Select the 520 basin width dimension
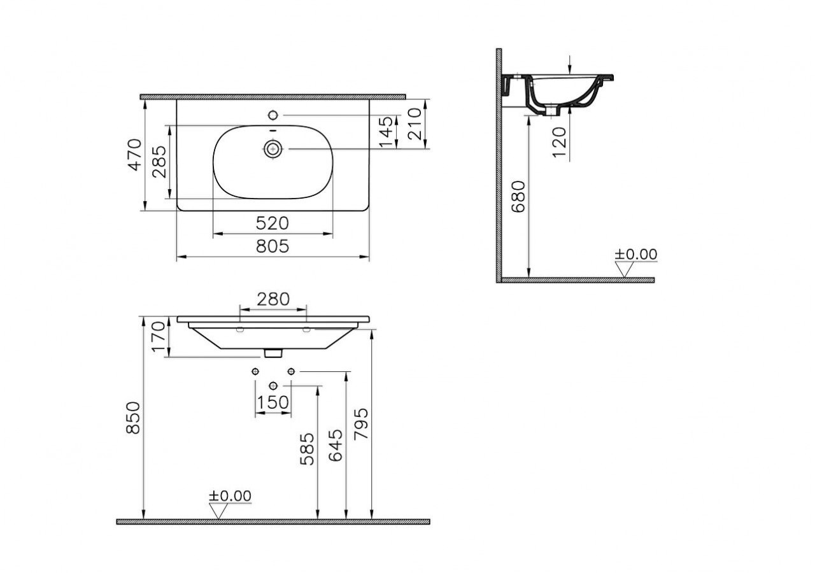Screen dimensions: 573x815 click(273, 223)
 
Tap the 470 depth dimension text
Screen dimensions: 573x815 click(135, 155)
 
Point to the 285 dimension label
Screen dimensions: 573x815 click(159, 162)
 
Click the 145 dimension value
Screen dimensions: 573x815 click(386, 132)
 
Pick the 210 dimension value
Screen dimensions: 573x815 click(415, 124)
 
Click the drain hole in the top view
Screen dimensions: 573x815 click(273, 150)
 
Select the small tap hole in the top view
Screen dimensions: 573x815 click(273, 115)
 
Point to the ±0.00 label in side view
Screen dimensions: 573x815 click(635, 255)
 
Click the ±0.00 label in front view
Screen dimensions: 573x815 click(230, 496)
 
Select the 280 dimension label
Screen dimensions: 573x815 click(273, 299)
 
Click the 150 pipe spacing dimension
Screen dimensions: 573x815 click(273, 402)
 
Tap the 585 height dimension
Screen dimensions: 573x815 click(308, 449)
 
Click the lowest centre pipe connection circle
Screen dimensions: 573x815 click(274, 385)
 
